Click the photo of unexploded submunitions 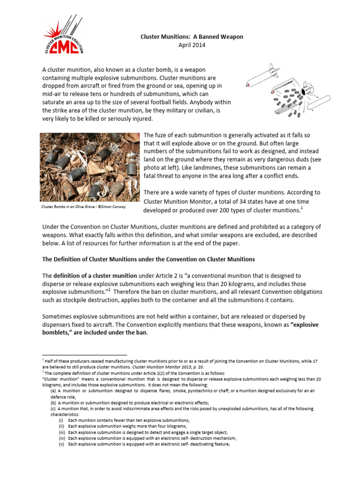tap(90, 166)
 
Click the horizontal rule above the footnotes tap(84, 355)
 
